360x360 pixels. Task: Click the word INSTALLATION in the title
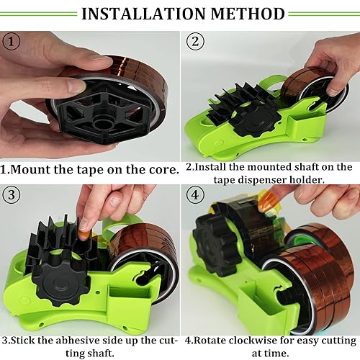tap(142, 13)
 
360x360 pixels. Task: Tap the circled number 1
tap(10, 41)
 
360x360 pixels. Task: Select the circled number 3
tap(10, 196)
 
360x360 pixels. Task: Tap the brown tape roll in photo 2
tap(309, 86)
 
